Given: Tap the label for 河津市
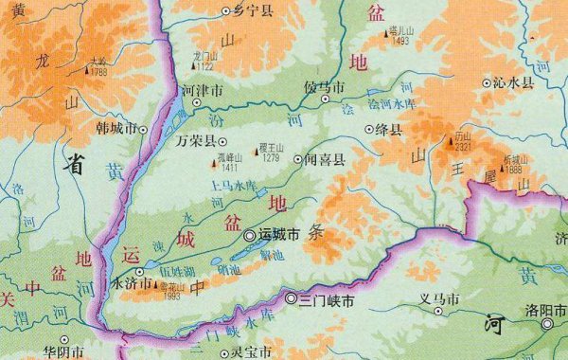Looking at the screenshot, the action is (x=203, y=93).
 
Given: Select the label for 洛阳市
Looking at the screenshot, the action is (x=547, y=312).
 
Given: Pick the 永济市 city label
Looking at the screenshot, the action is (x=132, y=282).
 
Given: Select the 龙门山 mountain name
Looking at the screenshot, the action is (x=204, y=56).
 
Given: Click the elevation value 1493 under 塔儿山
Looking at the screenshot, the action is (x=399, y=41).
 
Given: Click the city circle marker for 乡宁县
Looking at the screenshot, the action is (x=225, y=11).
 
